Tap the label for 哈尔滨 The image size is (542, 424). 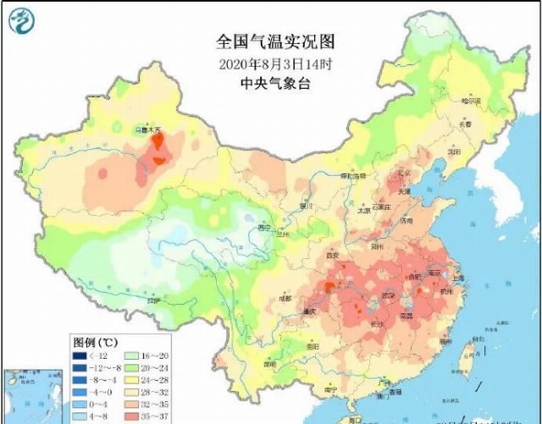pos(470,100)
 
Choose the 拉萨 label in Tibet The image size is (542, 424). pos(152,300)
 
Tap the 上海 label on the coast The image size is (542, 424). pos(457,277)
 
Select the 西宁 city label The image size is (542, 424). pos(264,227)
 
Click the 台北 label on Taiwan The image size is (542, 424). pos(477,340)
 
